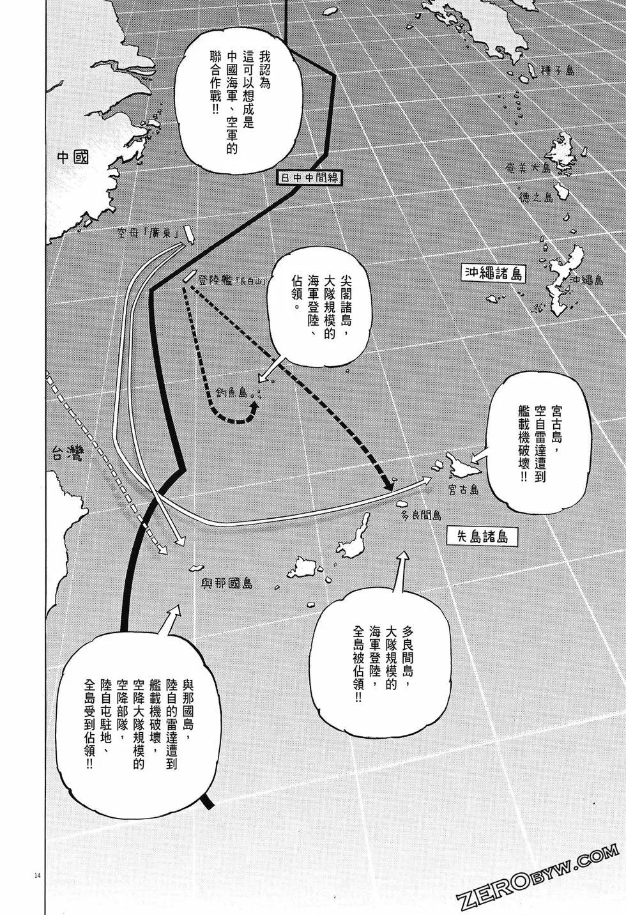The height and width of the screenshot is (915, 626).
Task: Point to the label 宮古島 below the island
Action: [463, 490]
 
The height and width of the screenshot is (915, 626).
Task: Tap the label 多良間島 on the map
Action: [422, 515]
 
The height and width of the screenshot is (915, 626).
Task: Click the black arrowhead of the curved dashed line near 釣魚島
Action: [254, 406]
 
